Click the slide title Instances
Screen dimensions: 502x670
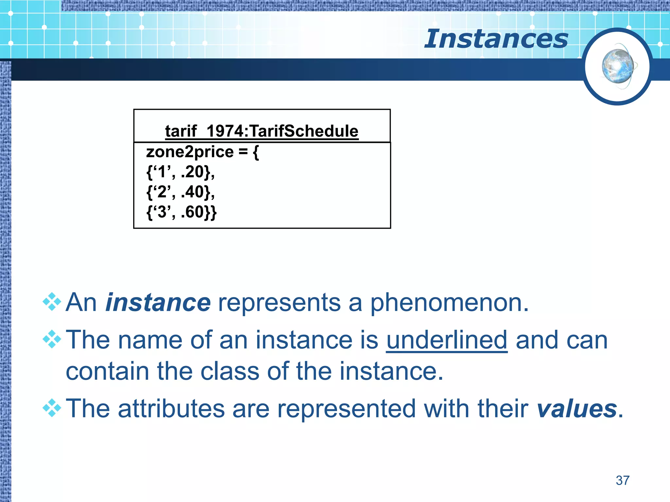pyautogui.click(x=496, y=39)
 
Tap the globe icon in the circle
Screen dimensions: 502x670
pyautogui.click(x=618, y=67)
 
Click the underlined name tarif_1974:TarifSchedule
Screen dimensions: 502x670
pyautogui.click(x=262, y=131)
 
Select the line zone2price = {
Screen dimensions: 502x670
pyautogui.click(x=202, y=152)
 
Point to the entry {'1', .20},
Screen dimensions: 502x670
pyautogui.click(x=180, y=172)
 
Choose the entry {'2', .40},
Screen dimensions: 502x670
pyautogui.click(x=180, y=192)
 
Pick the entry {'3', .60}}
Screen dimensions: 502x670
pyautogui.click(x=181, y=212)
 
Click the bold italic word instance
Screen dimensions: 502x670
pyautogui.click(x=158, y=303)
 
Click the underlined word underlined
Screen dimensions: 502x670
pyautogui.click(x=447, y=340)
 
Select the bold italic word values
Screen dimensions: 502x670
pyautogui.click(x=576, y=409)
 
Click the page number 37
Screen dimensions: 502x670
pyautogui.click(x=622, y=480)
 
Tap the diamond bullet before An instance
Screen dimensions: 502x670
pyautogui.click(x=52, y=302)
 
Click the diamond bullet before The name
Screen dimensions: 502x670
pyautogui.click(x=52, y=339)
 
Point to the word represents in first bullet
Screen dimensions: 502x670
pyautogui.click(x=279, y=303)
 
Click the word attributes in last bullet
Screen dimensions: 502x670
pyautogui.click(x=171, y=409)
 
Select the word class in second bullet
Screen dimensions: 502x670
pyautogui.click(x=230, y=371)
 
